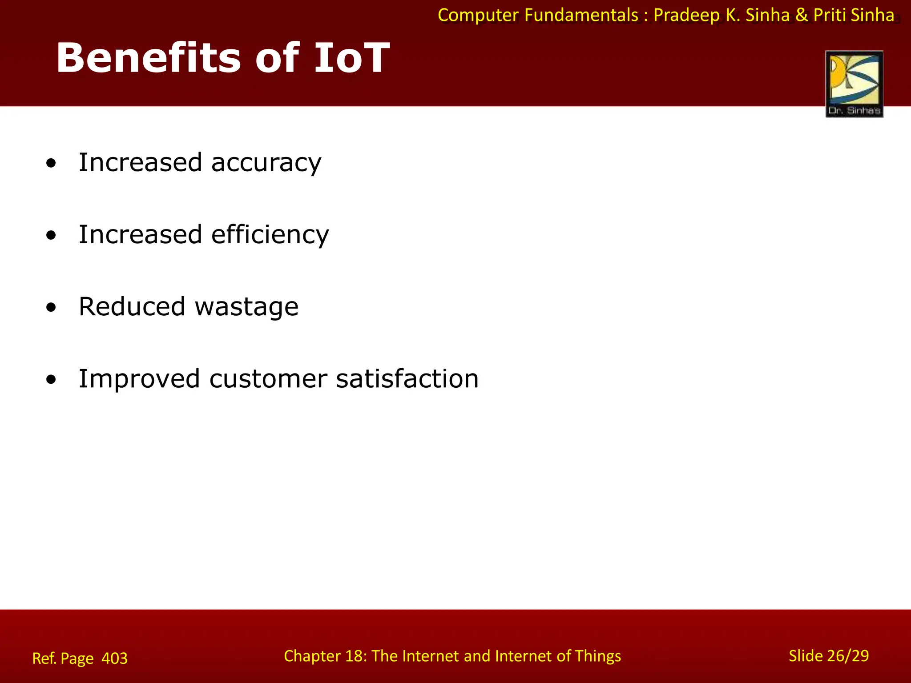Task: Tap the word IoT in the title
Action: (351, 58)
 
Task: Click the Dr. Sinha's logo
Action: (854, 84)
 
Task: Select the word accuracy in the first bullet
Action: (266, 163)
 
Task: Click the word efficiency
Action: (270, 235)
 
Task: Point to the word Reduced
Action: (132, 307)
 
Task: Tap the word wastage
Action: (246, 308)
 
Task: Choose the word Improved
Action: (139, 379)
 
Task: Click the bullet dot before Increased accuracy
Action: (51, 164)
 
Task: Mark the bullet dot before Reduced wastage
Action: (51, 308)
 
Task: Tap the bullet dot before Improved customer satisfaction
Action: (51, 380)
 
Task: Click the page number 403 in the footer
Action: (114, 658)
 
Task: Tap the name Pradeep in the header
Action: (686, 16)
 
